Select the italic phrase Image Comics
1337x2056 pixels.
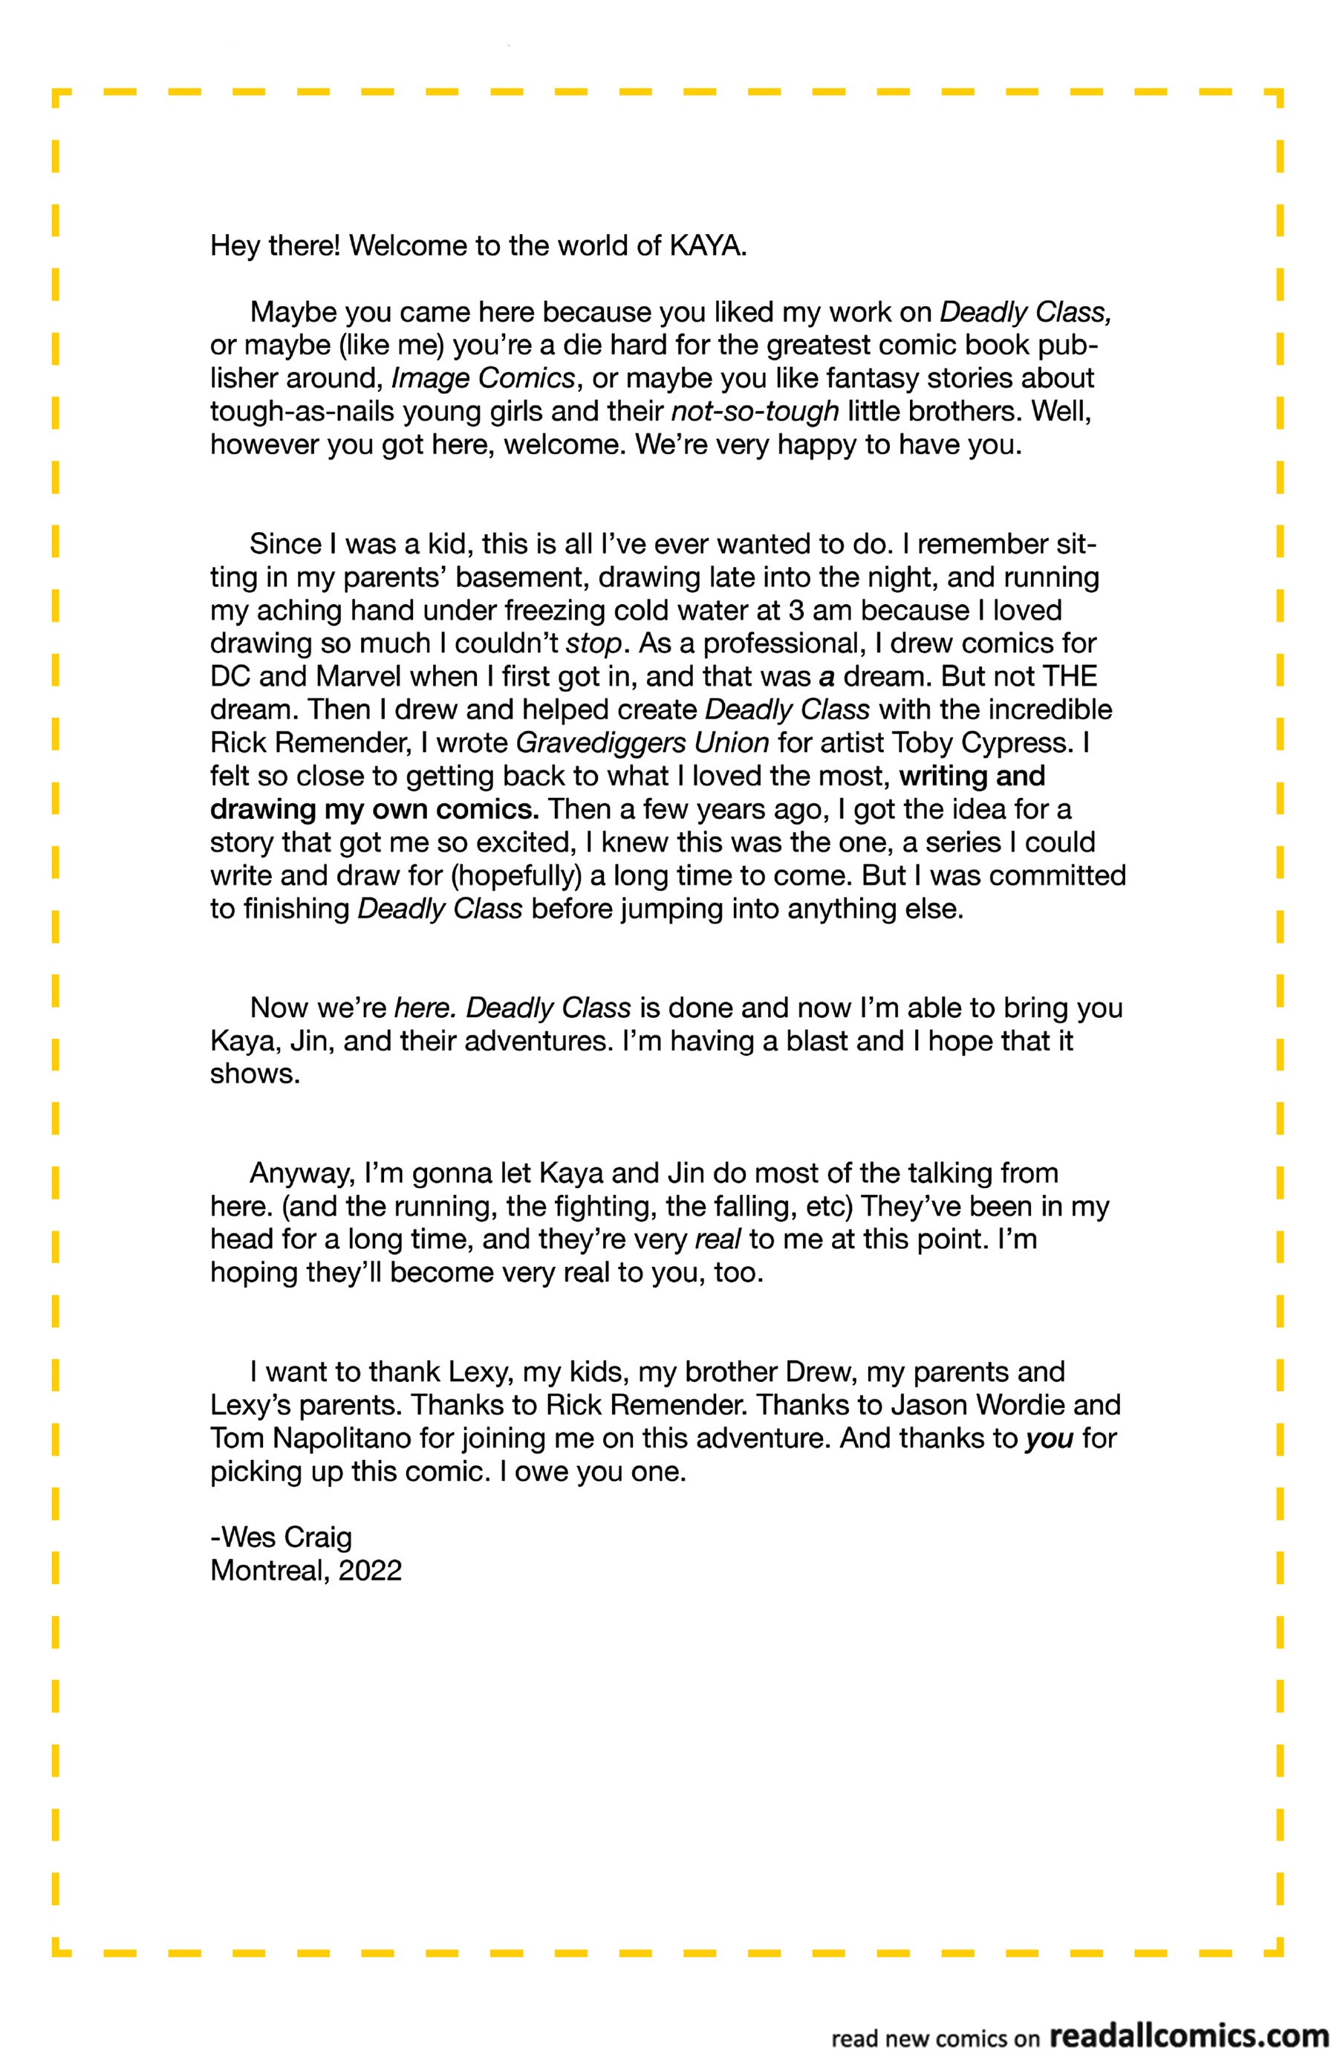(x=483, y=378)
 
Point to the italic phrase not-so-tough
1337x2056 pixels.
(x=755, y=411)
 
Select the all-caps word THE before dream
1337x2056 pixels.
(x=1070, y=676)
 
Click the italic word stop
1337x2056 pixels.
(x=593, y=643)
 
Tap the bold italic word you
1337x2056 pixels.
(x=1049, y=1439)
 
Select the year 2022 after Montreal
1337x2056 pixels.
(x=371, y=1571)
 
